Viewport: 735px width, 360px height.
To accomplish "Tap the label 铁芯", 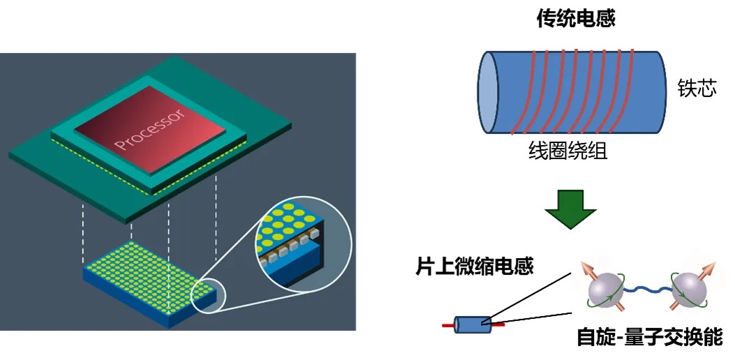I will [697, 89].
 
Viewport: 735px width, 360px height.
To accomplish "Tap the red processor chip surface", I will [175, 140].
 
